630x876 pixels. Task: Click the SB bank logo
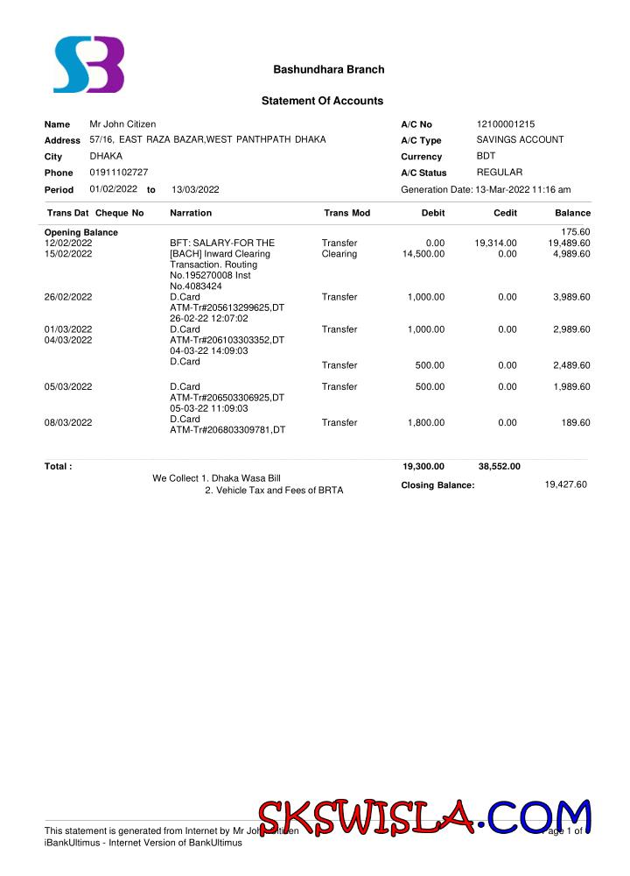(88, 65)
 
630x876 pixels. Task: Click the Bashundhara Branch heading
(328, 69)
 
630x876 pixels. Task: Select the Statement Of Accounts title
(322, 101)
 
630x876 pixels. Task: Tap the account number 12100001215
(505, 124)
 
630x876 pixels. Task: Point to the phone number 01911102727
(118, 173)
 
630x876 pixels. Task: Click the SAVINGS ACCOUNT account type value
(520, 140)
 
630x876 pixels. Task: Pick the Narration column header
(190, 213)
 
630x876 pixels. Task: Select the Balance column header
(572, 213)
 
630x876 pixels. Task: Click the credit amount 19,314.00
(495, 244)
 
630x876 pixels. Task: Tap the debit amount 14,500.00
(423, 254)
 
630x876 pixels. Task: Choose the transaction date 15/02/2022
(68, 254)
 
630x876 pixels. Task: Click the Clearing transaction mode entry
(339, 254)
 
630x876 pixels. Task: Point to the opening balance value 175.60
(575, 232)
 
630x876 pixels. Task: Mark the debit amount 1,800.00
(426, 423)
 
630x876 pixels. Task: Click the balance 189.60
(577, 423)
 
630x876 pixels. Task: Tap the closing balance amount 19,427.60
(565, 484)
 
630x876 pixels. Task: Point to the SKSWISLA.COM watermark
(423, 817)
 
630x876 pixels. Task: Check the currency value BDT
(486, 156)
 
